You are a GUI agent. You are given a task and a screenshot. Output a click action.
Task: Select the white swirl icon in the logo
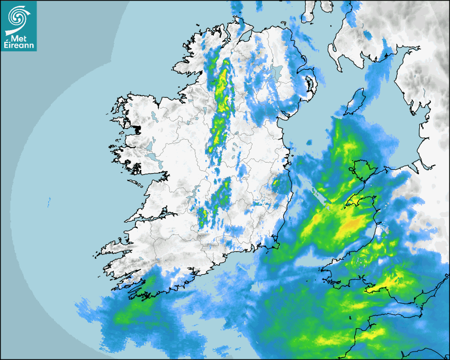[x=18, y=19]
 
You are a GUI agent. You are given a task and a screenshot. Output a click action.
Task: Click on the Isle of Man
[x=356, y=100]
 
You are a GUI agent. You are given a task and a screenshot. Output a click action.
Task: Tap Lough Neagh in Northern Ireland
[x=275, y=71]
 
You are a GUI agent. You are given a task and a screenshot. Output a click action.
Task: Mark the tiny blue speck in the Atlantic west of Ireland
[x=49, y=201]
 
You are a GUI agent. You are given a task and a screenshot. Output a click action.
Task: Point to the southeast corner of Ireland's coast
[x=276, y=245]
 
